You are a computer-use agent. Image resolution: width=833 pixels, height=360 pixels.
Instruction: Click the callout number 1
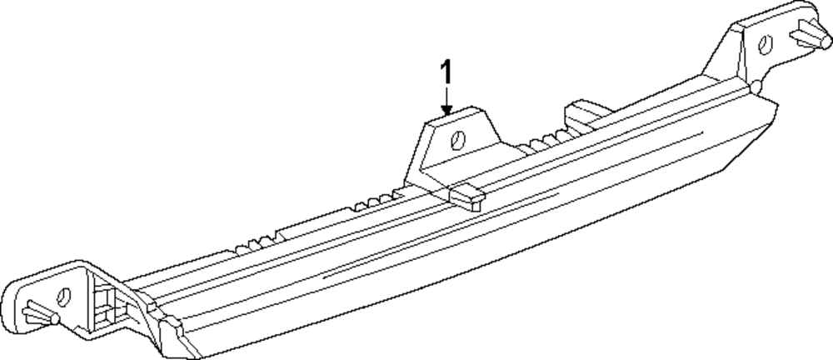point(446,72)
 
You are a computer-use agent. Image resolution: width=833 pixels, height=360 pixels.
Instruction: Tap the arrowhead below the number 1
point(446,110)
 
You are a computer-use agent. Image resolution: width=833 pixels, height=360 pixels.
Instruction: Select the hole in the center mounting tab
point(457,140)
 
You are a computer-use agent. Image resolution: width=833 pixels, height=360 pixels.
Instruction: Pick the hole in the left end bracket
point(61,296)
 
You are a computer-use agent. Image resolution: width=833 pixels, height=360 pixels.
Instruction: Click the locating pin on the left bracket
point(37,312)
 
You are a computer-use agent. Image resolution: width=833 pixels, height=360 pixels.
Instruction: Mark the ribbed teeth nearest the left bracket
point(250,245)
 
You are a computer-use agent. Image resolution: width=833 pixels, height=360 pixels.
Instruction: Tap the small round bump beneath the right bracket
point(753,87)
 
